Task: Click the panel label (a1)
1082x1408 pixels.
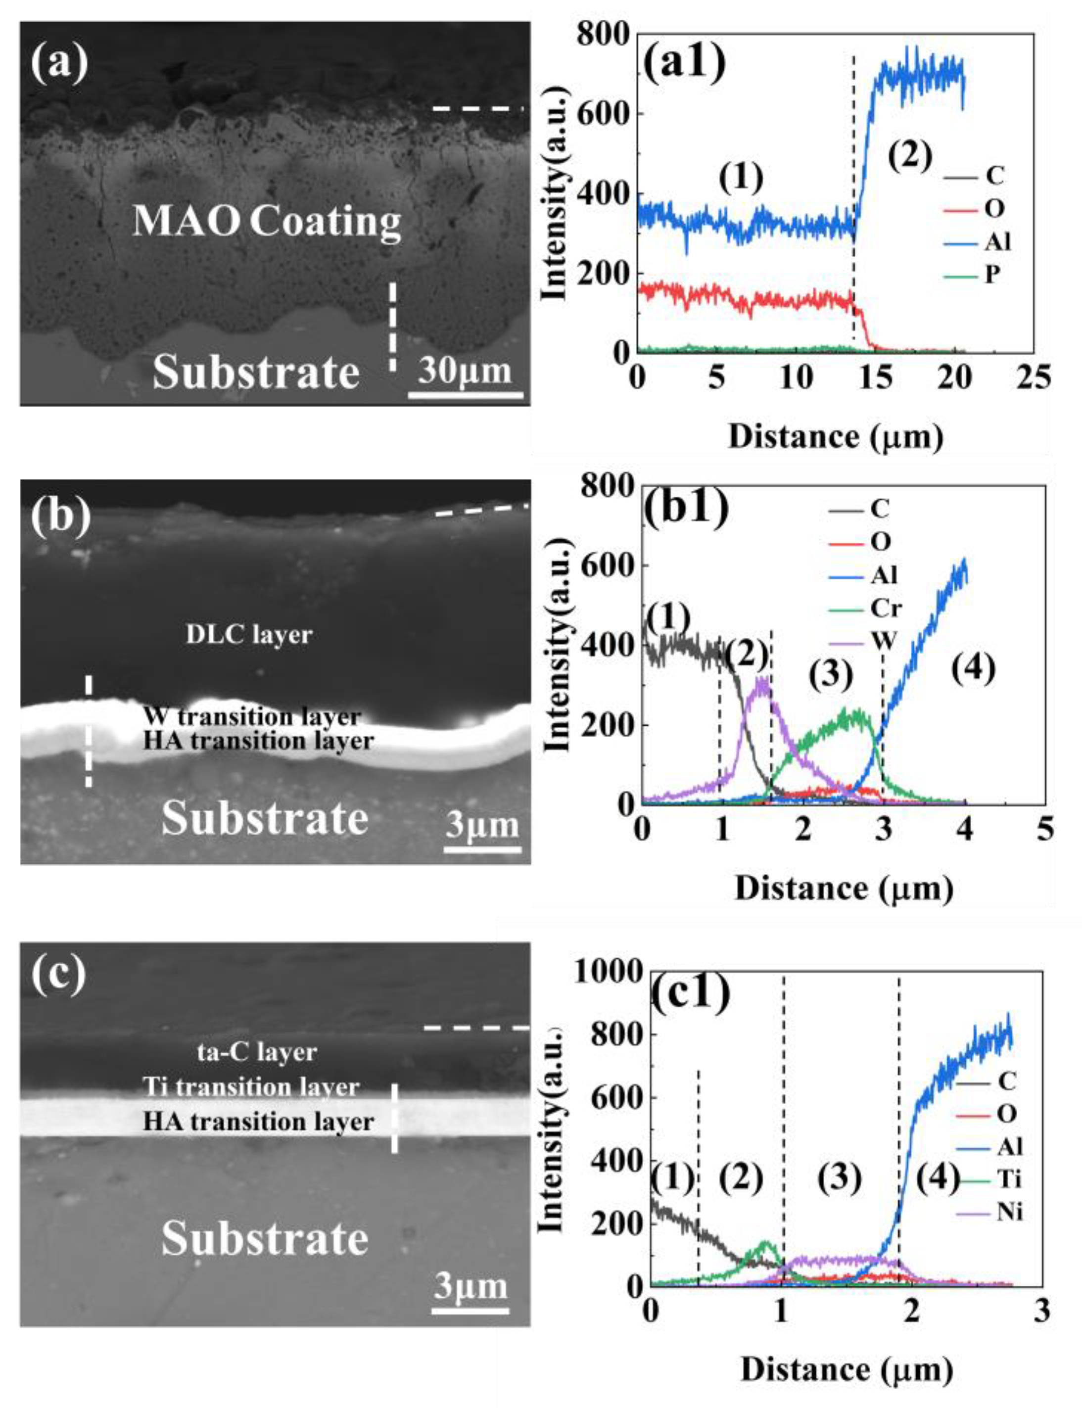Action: (x=685, y=64)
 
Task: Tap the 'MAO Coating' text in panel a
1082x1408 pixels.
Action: (x=267, y=222)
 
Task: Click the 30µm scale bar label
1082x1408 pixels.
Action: (x=465, y=372)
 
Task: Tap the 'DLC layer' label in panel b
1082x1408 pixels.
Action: (x=249, y=635)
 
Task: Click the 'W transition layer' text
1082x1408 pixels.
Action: (x=251, y=716)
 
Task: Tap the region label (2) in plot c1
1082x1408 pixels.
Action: (x=741, y=1179)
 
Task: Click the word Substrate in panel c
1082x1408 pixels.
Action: (x=265, y=1239)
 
